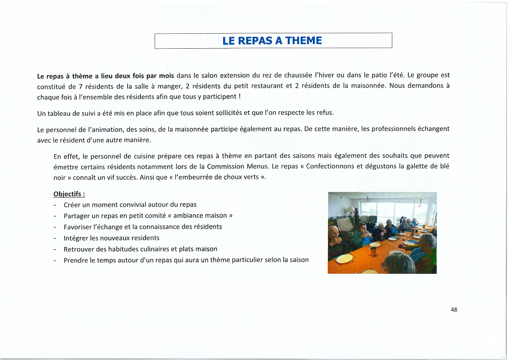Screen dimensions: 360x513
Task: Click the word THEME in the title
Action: click(x=304, y=41)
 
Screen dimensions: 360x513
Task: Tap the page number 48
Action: click(x=453, y=310)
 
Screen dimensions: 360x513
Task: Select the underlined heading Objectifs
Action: click(x=69, y=194)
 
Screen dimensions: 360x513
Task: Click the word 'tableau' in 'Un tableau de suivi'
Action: click(x=60, y=113)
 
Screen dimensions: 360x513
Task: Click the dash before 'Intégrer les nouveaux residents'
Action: click(x=55, y=238)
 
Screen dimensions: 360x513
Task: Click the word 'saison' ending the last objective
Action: click(x=299, y=260)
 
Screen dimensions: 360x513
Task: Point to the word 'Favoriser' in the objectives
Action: click(x=78, y=227)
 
